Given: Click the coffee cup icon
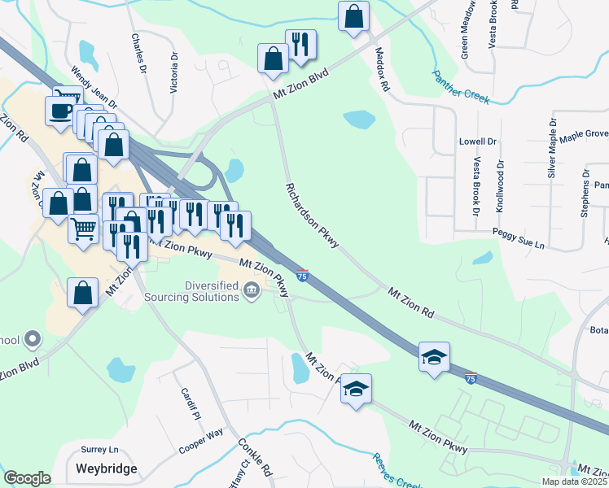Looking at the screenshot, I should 61,110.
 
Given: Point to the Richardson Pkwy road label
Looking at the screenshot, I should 312,216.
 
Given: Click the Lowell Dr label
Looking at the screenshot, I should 477,141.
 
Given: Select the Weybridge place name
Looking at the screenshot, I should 107,468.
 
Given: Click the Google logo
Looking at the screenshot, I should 27,478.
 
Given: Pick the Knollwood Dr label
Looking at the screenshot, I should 500,186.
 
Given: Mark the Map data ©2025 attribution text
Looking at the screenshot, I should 573,481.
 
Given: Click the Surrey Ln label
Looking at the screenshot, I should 99,450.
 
